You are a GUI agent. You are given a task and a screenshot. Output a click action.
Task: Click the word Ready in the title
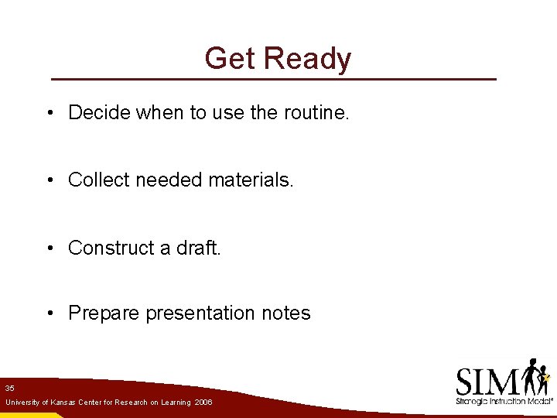point(307,60)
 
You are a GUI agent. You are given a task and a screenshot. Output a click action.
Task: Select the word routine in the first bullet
point(316,112)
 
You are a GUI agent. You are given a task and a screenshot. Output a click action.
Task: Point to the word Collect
point(99,180)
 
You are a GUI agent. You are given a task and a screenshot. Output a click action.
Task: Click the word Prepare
point(104,313)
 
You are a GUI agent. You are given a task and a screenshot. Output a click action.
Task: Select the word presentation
point(205,313)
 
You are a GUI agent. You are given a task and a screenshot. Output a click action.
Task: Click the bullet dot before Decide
point(49,113)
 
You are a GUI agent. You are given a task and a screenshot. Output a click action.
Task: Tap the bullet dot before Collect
point(49,180)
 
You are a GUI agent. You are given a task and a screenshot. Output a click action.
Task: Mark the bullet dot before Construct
point(49,248)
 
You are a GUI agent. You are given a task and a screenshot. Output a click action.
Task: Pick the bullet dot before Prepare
point(49,314)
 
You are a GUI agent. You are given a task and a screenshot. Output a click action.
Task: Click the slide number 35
point(9,388)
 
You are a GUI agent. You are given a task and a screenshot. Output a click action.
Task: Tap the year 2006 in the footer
point(203,403)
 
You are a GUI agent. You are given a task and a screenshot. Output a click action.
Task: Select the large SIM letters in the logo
point(487,381)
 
